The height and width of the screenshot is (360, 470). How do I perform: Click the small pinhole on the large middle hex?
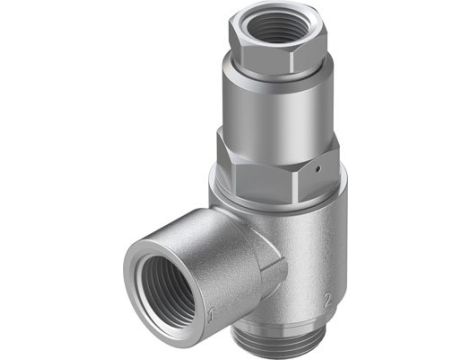314,172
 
